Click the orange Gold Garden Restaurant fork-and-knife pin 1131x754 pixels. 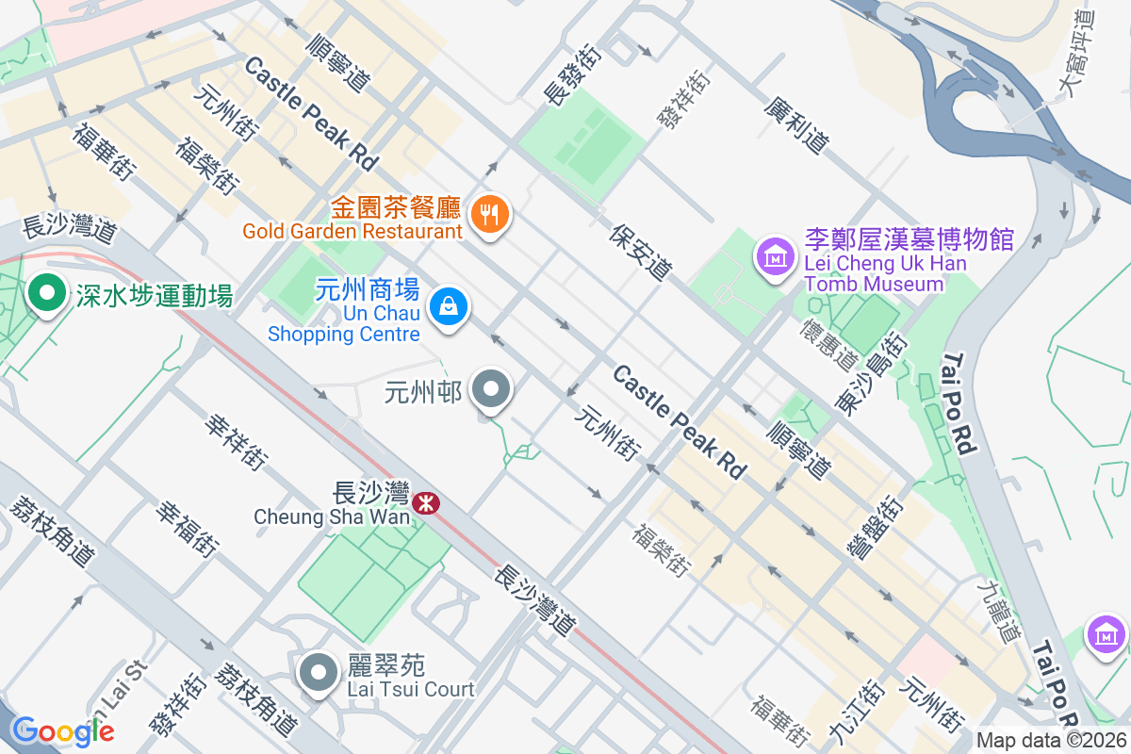tap(489, 214)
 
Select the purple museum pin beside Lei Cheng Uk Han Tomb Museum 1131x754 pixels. tap(775, 254)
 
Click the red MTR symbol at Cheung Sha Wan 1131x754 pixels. tap(426, 503)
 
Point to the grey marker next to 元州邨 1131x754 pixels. tap(490, 389)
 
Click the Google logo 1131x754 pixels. tap(62, 729)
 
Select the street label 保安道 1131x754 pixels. tap(641, 252)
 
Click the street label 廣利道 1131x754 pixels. tap(797, 125)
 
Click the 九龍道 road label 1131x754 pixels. tap(998, 612)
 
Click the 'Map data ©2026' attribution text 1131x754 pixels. tap(1051, 740)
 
